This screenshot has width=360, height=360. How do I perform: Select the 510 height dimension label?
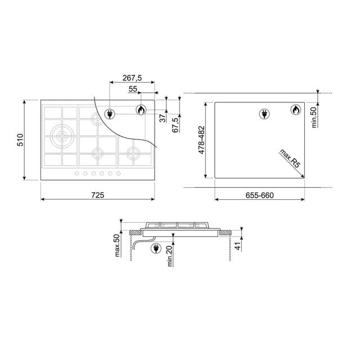[20, 140]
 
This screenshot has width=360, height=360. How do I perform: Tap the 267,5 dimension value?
[132, 78]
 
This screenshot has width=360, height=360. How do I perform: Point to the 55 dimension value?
[133, 89]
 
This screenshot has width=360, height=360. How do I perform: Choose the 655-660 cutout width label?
[259, 195]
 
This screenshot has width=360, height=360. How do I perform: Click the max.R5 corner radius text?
[289, 159]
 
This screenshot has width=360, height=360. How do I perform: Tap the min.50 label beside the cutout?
[314, 118]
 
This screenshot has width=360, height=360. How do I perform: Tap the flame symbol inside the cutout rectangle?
[296, 110]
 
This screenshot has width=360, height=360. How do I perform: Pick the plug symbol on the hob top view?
[110, 114]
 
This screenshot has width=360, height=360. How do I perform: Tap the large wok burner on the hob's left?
[61, 135]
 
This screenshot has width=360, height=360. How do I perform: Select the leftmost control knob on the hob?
[77, 173]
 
